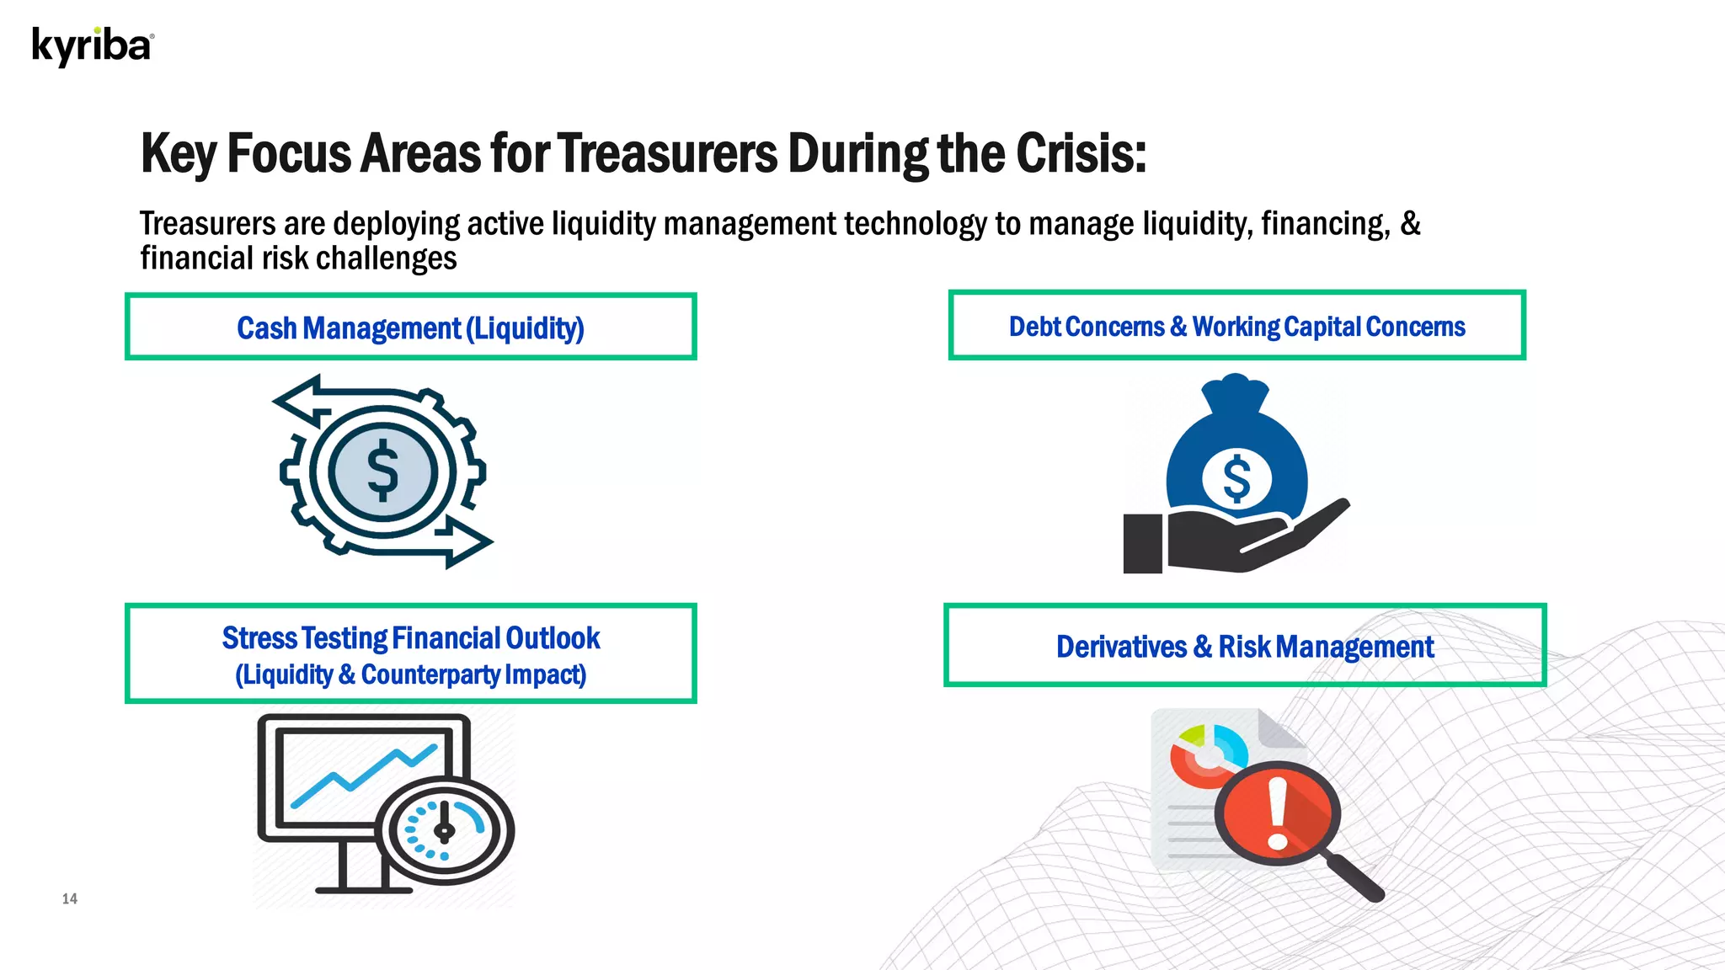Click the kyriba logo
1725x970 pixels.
click(93, 46)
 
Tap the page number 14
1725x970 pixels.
click(70, 898)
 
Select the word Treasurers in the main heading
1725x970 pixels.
click(666, 153)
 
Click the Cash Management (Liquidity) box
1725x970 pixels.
click(410, 328)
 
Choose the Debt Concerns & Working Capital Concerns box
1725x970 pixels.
click(1236, 326)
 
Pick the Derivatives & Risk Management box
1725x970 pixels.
click(1244, 646)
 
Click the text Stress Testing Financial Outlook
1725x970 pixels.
click(410, 638)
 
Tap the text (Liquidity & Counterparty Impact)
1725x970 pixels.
click(410, 674)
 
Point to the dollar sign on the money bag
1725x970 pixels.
click(1236, 478)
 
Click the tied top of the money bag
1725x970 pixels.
click(1235, 392)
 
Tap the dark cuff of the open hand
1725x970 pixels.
click(1143, 544)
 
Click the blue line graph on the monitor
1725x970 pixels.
click(362, 775)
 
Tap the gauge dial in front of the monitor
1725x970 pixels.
click(444, 830)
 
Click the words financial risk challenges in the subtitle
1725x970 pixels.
click(298, 258)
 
